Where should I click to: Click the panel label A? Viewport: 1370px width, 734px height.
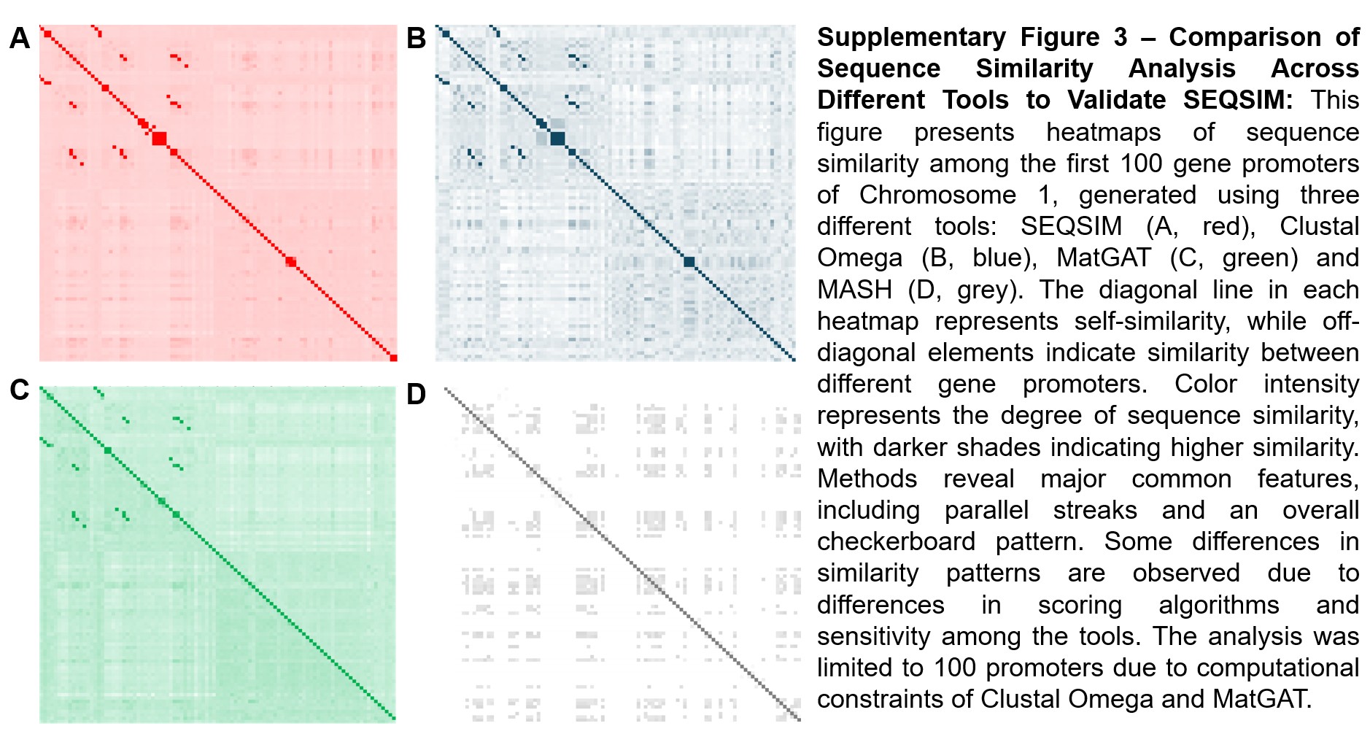[20, 38]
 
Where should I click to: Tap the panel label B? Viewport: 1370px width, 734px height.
[416, 38]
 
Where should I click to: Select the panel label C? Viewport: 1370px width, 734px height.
[20, 390]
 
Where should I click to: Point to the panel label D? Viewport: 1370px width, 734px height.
[416, 394]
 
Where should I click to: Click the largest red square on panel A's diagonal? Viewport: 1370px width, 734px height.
[159, 138]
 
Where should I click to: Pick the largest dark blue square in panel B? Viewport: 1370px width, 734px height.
[557, 138]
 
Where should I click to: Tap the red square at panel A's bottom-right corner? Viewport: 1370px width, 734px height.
[393, 358]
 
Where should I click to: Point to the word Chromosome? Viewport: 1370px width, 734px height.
[937, 195]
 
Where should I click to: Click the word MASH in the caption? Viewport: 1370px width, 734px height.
[854, 290]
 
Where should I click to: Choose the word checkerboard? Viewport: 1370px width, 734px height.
[896, 541]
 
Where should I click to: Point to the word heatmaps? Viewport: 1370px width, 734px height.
[1103, 132]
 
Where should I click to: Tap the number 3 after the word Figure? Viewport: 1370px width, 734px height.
[1120, 37]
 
